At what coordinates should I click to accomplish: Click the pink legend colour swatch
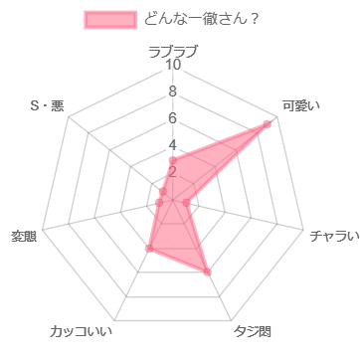tap(110, 19)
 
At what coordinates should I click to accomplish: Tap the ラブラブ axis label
tap(173, 50)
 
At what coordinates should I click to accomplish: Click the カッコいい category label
tap(82, 331)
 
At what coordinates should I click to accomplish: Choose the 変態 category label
tap(24, 236)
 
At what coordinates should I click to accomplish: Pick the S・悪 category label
tap(47, 105)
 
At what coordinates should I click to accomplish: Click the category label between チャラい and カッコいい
tap(253, 331)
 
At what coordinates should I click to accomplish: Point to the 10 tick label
tap(173, 66)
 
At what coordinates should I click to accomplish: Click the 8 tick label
tap(173, 92)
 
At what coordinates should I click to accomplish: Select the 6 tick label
tap(173, 119)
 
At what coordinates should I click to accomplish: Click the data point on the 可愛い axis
tap(270, 122)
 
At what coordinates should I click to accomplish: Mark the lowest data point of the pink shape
tap(208, 271)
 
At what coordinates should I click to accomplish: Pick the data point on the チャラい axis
tap(188, 203)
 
